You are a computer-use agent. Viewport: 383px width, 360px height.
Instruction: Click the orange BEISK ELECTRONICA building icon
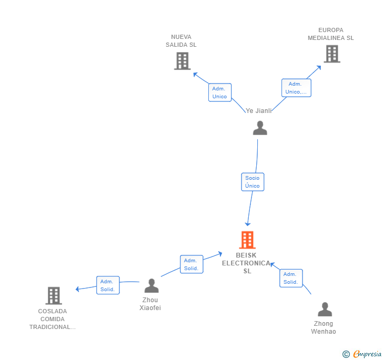[247, 240]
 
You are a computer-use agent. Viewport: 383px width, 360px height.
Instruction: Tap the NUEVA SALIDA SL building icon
[182, 61]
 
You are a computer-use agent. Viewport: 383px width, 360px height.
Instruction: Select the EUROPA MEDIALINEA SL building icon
[331, 54]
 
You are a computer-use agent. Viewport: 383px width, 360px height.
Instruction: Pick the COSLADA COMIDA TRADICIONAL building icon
[53, 296]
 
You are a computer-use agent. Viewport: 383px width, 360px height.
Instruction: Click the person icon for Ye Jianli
[260, 128]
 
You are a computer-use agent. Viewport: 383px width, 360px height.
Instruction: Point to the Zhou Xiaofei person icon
[152, 286]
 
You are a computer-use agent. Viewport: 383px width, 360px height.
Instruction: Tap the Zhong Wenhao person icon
[325, 310]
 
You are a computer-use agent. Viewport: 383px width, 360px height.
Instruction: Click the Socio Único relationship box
[253, 182]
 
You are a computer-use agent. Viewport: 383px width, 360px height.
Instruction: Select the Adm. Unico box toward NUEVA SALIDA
[219, 92]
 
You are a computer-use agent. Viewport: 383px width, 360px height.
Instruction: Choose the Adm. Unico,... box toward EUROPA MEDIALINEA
[296, 88]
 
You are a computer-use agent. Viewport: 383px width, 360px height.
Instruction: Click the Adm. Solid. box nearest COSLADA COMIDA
[107, 285]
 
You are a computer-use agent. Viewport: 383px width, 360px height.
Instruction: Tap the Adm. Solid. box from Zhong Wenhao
[290, 278]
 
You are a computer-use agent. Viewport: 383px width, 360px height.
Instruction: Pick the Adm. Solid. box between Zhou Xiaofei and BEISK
[191, 264]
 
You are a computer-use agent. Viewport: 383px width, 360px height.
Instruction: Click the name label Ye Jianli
[259, 111]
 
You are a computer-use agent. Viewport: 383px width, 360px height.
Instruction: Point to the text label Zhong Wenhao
[324, 327]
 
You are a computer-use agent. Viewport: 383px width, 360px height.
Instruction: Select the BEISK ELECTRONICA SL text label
[247, 263]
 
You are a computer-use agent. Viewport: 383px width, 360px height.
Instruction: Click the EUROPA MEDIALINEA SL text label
[330, 34]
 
